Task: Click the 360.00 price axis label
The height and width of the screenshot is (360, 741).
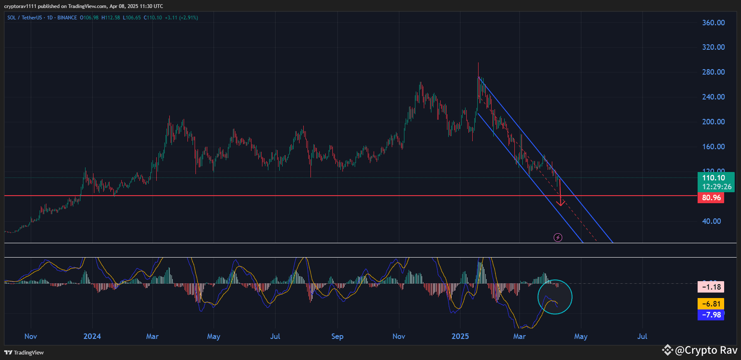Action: coord(713,23)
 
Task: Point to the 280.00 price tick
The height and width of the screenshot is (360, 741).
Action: coord(713,72)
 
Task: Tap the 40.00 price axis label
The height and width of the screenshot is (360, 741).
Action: coord(712,221)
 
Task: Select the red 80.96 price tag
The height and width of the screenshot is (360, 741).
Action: coord(712,198)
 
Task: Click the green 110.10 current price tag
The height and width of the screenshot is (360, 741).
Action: coord(716,182)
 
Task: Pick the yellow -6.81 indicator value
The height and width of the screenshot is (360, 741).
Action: coord(711,304)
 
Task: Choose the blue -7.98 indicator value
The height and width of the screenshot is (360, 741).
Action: coord(711,315)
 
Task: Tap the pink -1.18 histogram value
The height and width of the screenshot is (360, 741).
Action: coord(711,287)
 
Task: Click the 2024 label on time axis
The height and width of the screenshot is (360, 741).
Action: coord(92,336)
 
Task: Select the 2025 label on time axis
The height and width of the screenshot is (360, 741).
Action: coord(460,336)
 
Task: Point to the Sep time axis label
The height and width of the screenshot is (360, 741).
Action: coord(337,336)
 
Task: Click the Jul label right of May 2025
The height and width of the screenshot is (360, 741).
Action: coord(642,336)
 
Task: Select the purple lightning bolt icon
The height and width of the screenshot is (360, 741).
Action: coord(558,238)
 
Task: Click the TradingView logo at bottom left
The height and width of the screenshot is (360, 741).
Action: coord(24,352)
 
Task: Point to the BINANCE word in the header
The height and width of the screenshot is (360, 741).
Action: coord(67,18)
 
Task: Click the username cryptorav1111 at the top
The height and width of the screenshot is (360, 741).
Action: coord(20,6)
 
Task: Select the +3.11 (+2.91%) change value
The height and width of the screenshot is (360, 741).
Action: coord(181,18)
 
